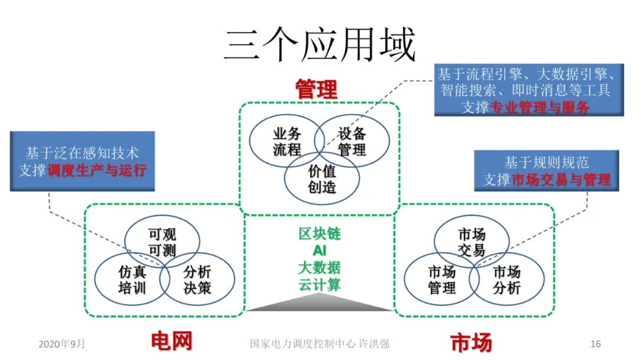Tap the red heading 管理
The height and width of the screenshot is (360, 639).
point(317,90)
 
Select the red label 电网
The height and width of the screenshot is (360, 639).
point(172,342)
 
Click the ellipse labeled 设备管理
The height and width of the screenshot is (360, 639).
point(353,142)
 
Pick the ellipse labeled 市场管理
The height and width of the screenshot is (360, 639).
point(441,279)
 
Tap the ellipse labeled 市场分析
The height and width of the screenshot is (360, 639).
point(507,279)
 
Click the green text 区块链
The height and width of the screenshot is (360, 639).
point(319,233)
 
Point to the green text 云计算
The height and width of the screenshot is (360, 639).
point(319,284)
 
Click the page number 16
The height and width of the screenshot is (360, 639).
point(596,344)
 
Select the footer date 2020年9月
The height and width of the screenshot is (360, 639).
point(62,344)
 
